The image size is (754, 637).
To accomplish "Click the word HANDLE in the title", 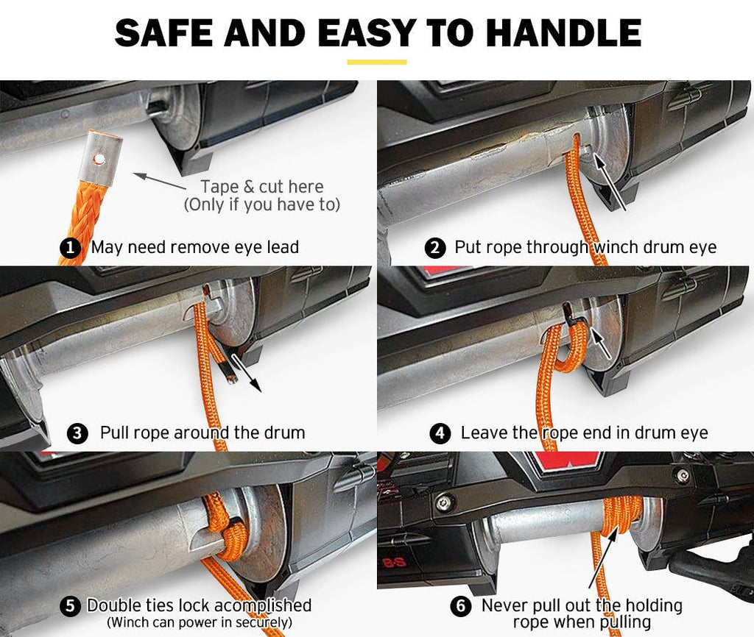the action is coord(564,32).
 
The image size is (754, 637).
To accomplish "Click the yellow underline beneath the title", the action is coord(377,62).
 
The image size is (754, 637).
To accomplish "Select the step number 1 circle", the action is coord(70,248).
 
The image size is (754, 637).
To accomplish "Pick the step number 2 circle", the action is coord(435,248).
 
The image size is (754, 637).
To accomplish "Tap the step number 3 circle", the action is coord(77,433).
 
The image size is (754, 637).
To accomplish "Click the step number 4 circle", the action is coord(440,433).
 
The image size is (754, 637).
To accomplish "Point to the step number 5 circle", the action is coord(70,606).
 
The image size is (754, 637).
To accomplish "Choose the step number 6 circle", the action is coord(461,606).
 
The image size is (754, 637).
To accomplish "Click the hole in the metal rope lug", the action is coord(99,158).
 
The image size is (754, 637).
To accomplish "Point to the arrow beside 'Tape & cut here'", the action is coord(159,181).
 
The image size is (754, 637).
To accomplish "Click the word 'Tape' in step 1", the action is coord(219,186).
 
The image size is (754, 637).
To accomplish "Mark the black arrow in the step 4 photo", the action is coord(600,343).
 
